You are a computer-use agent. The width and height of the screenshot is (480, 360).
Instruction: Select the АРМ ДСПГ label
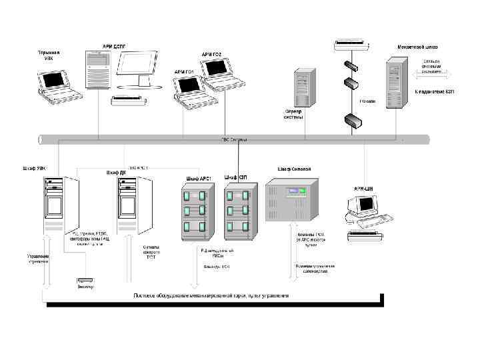(x=114, y=46)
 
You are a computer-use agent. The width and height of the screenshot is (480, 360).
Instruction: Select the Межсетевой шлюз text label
(x=416, y=48)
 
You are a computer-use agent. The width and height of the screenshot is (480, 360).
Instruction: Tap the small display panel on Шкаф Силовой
(x=294, y=193)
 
